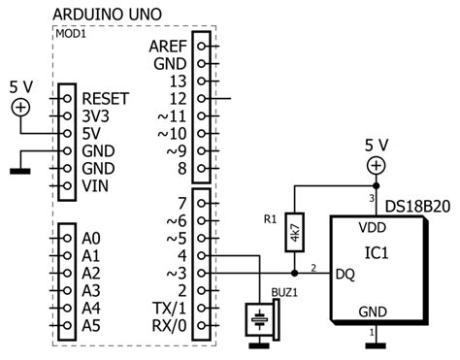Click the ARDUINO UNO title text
point(106,15)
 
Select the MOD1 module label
point(70,32)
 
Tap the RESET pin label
point(106,98)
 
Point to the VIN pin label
point(95,185)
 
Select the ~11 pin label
point(171,115)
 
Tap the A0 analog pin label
point(92,238)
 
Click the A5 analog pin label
point(92,325)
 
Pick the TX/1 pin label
point(169,308)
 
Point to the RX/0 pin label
point(169,325)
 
